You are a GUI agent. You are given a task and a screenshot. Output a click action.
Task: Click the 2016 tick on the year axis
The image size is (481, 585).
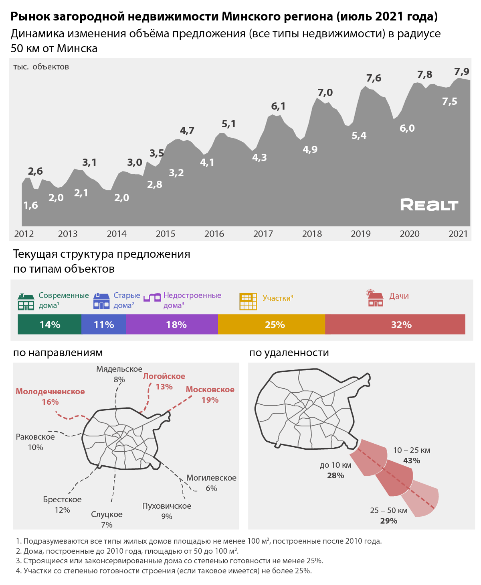(214, 234)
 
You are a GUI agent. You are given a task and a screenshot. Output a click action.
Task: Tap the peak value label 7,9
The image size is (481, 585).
(461, 72)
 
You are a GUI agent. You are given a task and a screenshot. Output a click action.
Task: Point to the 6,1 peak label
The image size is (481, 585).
(278, 106)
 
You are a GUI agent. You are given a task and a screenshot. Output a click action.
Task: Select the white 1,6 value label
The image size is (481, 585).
(30, 206)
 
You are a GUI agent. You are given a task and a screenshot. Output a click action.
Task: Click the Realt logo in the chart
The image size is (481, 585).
(429, 205)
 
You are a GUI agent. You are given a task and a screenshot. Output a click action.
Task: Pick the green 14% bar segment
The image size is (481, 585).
(50, 324)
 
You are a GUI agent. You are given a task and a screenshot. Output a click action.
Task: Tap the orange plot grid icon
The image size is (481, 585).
(248, 301)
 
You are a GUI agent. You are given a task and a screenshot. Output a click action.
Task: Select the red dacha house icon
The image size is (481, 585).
(375, 298)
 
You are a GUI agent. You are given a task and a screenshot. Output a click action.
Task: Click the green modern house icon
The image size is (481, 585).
(26, 302)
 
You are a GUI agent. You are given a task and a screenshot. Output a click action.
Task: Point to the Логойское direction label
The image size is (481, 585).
(164, 376)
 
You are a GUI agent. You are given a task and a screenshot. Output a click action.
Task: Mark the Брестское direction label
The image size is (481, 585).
(62, 499)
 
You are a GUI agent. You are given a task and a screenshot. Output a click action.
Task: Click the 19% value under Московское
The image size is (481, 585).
(210, 400)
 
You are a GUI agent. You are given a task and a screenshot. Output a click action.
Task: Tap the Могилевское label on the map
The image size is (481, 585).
(211, 478)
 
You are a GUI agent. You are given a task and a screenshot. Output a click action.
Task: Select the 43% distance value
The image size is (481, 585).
(412, 461)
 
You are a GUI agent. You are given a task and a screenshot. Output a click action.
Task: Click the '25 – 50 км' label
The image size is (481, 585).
(388, 510)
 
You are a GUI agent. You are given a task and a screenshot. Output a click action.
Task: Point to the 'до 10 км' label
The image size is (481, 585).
(335, 465)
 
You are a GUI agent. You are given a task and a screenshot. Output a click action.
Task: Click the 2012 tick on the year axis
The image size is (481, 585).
(24, 234)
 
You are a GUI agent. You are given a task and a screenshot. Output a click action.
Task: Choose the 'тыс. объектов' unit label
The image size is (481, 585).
(41, 67)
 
